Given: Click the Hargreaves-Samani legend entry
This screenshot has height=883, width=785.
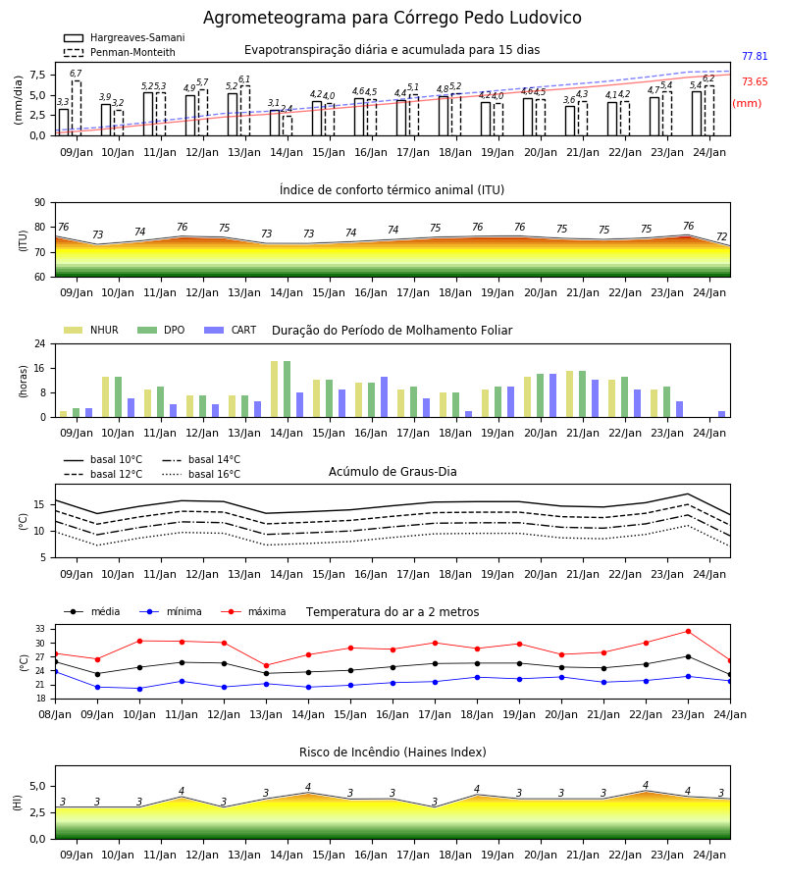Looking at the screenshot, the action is coord(124,37).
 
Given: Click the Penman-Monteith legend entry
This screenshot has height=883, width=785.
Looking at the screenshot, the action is coord(120,52).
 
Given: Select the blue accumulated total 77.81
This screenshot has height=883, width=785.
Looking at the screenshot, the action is coord(755,56).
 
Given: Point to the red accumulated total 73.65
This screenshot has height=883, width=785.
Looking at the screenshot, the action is coord(755,81).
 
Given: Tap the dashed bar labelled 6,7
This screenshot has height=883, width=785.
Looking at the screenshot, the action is coord(76,108).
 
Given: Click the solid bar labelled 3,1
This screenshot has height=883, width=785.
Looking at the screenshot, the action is coord(274,123).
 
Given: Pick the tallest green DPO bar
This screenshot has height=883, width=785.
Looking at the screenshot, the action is coord(288,390).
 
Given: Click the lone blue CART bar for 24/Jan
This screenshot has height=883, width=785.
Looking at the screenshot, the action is coord(721,414).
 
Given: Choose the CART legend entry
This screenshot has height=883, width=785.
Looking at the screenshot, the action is coord(230,330).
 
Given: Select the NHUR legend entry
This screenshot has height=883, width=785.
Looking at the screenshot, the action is coord(90,330).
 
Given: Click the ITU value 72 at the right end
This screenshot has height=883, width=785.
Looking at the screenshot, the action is coord(721,236).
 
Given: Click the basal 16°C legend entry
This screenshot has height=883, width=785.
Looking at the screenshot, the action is coord(200,474).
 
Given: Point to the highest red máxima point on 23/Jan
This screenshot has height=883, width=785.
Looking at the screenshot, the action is coord(688,631).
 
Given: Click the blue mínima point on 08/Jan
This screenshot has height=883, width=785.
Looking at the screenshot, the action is coord(55,671).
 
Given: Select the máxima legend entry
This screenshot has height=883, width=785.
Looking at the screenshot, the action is coord(253,611).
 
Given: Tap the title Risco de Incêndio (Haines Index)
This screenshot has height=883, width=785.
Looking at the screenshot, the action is coord(392,752).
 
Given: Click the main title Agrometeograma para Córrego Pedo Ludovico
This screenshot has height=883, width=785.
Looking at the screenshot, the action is coord(392,18).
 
